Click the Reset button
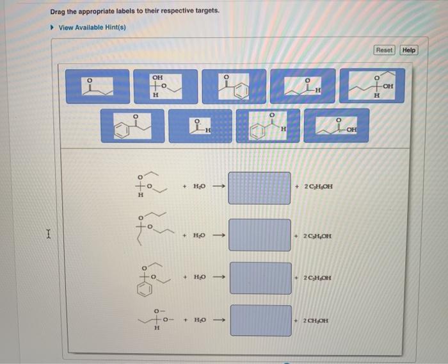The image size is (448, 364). [385, 50]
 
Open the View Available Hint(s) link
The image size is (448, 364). [92, 28]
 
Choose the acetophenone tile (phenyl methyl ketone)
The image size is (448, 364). [234, 86]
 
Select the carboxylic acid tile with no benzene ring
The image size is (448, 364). [337, 126]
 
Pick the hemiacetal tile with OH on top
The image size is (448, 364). [157, 86]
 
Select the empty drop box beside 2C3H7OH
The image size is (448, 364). [260, 235]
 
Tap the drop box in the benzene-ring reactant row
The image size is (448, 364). [260, 277]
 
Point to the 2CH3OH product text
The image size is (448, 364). [317, 320]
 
